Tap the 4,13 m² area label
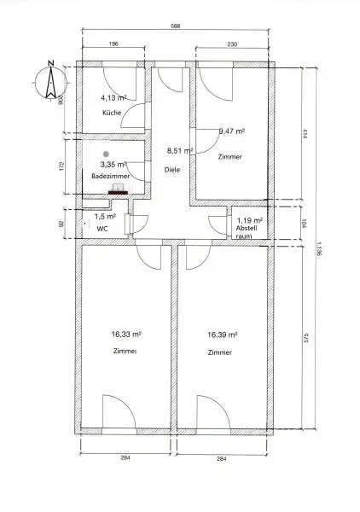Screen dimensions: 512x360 point(113,98)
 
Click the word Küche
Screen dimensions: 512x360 point(111,113)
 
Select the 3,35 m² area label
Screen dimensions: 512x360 point(113,164)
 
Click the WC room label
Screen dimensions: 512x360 point(102,229)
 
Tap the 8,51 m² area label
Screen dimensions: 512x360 point(180,150)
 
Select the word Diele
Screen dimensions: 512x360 point(172,170)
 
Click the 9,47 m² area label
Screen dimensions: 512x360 point(232,131)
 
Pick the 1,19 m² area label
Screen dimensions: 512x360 point(249,220)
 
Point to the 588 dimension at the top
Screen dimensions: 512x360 point(177,27)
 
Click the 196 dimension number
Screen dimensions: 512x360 point(112,45)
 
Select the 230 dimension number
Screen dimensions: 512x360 point(232,45)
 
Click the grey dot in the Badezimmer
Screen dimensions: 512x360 point(106,154)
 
